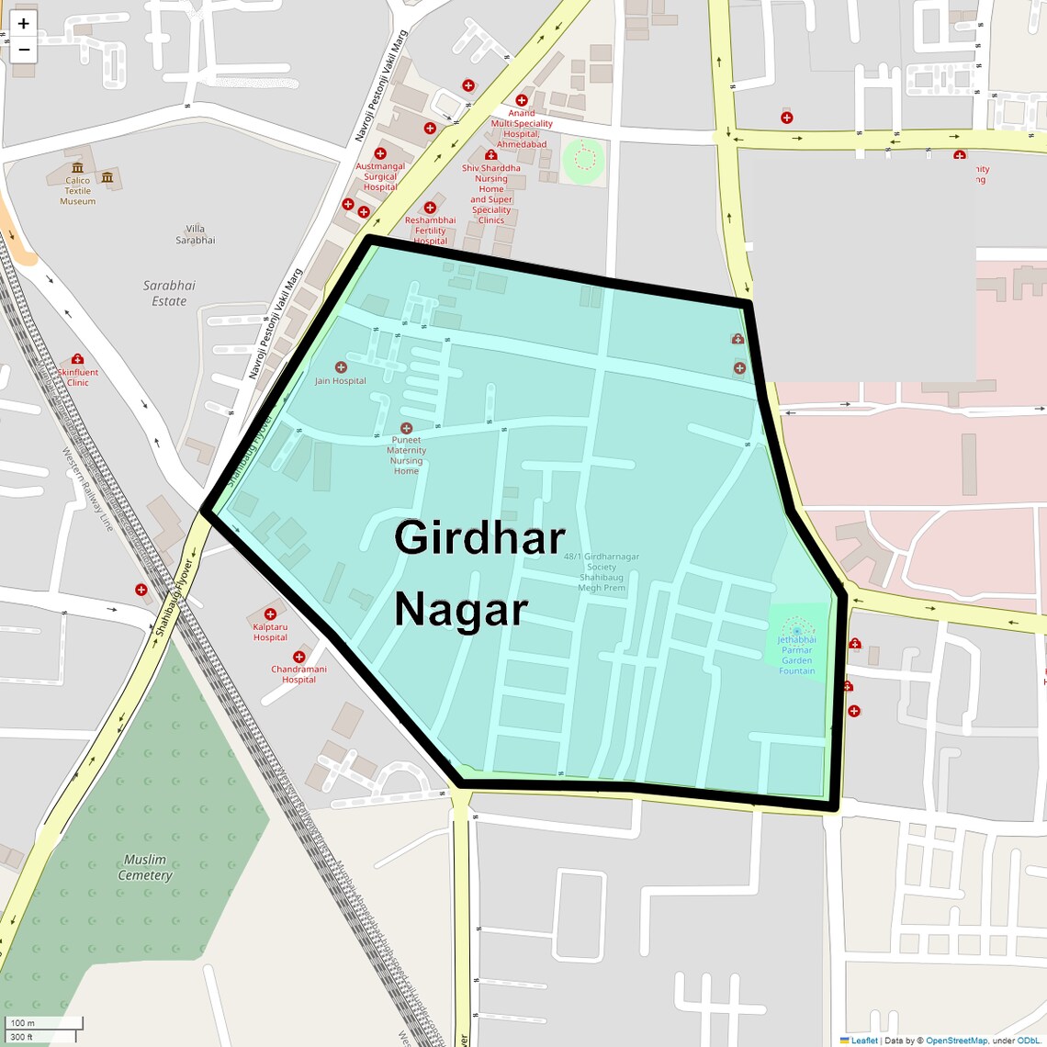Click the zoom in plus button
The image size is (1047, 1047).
point(24,24)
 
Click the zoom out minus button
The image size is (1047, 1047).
point(24,50)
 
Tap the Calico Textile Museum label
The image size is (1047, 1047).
point(78,190)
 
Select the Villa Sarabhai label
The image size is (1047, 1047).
point(195,234)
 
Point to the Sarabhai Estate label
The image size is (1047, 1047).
point(169,293)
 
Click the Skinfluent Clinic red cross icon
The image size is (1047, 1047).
point(77,359)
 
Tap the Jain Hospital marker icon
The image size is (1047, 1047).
point(341,367)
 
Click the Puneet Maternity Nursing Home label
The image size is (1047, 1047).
point(406,455)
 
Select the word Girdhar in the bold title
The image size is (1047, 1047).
point(479,537)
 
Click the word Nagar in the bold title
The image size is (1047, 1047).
point(461,609)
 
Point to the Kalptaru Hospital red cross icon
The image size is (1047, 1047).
point(270,614)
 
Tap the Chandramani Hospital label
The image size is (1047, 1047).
point(298,674)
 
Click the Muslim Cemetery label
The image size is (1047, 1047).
point(145,867)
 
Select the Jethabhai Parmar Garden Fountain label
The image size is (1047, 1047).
point(796,655)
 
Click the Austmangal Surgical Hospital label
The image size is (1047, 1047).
point(380,176)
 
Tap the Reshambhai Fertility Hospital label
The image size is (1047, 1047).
point(430,231)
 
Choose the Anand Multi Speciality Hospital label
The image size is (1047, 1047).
point(522,129)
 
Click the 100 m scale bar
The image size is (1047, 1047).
point(44,1023)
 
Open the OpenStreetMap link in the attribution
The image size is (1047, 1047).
point(955,1041)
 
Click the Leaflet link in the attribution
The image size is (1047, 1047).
point(863,1041)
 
